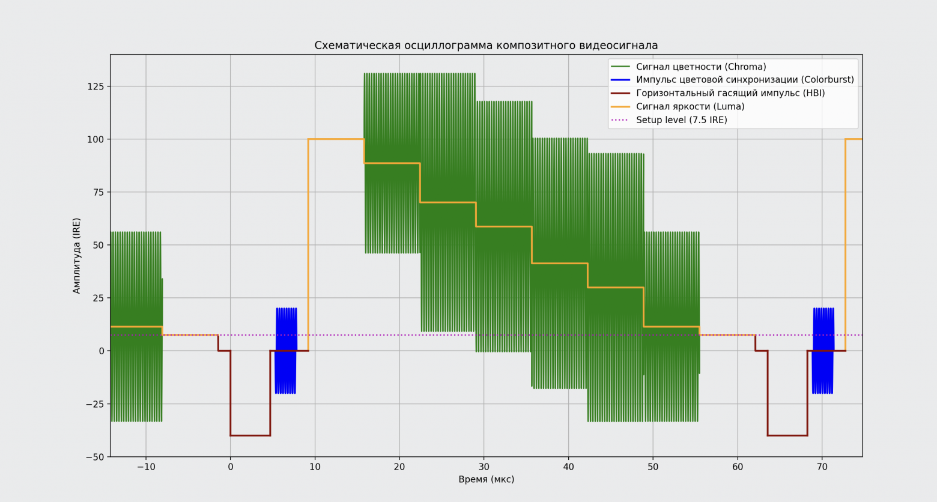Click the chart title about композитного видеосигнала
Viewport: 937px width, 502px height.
coord(486,46)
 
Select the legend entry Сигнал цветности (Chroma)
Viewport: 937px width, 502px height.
coord(701,67)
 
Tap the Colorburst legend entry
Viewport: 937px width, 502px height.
coord(745,80)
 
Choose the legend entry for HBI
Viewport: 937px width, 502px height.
coord(730,93)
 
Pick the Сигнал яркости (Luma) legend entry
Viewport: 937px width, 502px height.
coord(690,106)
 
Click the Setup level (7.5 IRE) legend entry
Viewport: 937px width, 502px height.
coord(681,120)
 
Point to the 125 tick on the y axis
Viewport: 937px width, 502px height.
coord(96,86)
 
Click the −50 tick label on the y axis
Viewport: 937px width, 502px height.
coord(94,457)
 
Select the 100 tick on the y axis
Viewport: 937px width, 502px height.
coord(96,139)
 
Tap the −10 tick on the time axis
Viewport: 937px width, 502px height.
coord(145,467)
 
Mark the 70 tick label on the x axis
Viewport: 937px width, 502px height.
coord(822,467)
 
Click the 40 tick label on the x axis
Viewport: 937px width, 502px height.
coord(568,467)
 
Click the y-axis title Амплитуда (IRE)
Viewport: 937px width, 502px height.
coord(77,256)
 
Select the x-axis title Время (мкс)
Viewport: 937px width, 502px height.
coord(486,480)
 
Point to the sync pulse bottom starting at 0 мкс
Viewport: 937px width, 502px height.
coord(250,435)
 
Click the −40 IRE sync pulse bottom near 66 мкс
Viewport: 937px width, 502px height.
coord(787,435)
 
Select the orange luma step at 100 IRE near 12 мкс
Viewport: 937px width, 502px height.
coord(336,139)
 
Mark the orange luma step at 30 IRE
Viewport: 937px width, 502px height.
coord(616,288)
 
